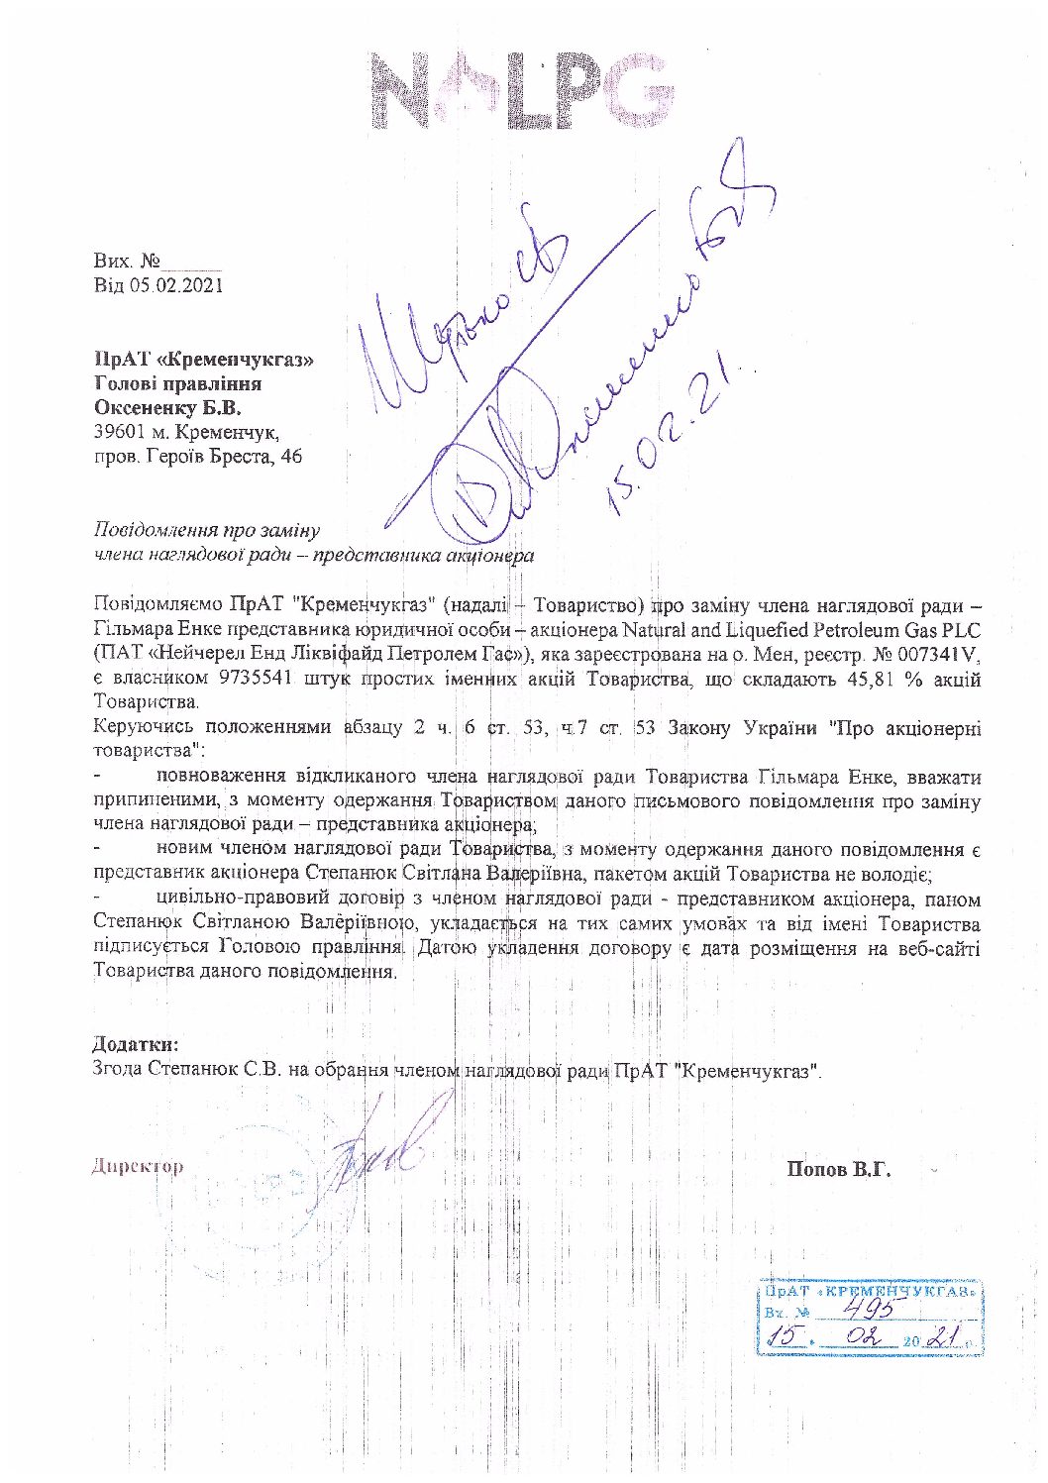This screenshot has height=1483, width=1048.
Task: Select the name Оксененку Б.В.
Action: (166, 407)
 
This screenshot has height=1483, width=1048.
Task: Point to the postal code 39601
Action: (116, 432)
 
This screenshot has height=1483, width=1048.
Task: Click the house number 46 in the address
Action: (291, 457)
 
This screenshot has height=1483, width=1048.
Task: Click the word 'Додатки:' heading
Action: (136, 1044)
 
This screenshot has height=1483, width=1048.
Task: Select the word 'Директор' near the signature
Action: (138, 1166)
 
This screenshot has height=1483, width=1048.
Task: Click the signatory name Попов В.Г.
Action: (839, 1169)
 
